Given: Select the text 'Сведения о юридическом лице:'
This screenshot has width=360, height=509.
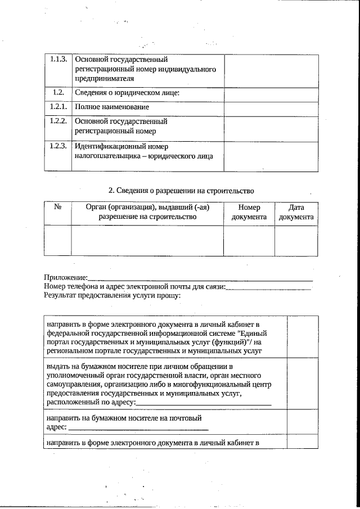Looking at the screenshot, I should point(127,92).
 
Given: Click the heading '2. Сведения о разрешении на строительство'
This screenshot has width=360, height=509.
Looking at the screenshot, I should point(182,190).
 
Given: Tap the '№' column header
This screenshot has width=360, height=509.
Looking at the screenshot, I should point(57,207).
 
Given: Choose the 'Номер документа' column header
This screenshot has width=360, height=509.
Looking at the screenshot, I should point(249,212).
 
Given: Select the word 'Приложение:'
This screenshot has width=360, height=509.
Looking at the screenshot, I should point(66,277).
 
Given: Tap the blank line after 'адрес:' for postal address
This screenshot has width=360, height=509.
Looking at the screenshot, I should point(130,429).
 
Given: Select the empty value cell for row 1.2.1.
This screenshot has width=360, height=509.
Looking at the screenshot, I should point(271,107).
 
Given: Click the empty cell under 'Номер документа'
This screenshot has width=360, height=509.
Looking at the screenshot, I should point(249,240).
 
